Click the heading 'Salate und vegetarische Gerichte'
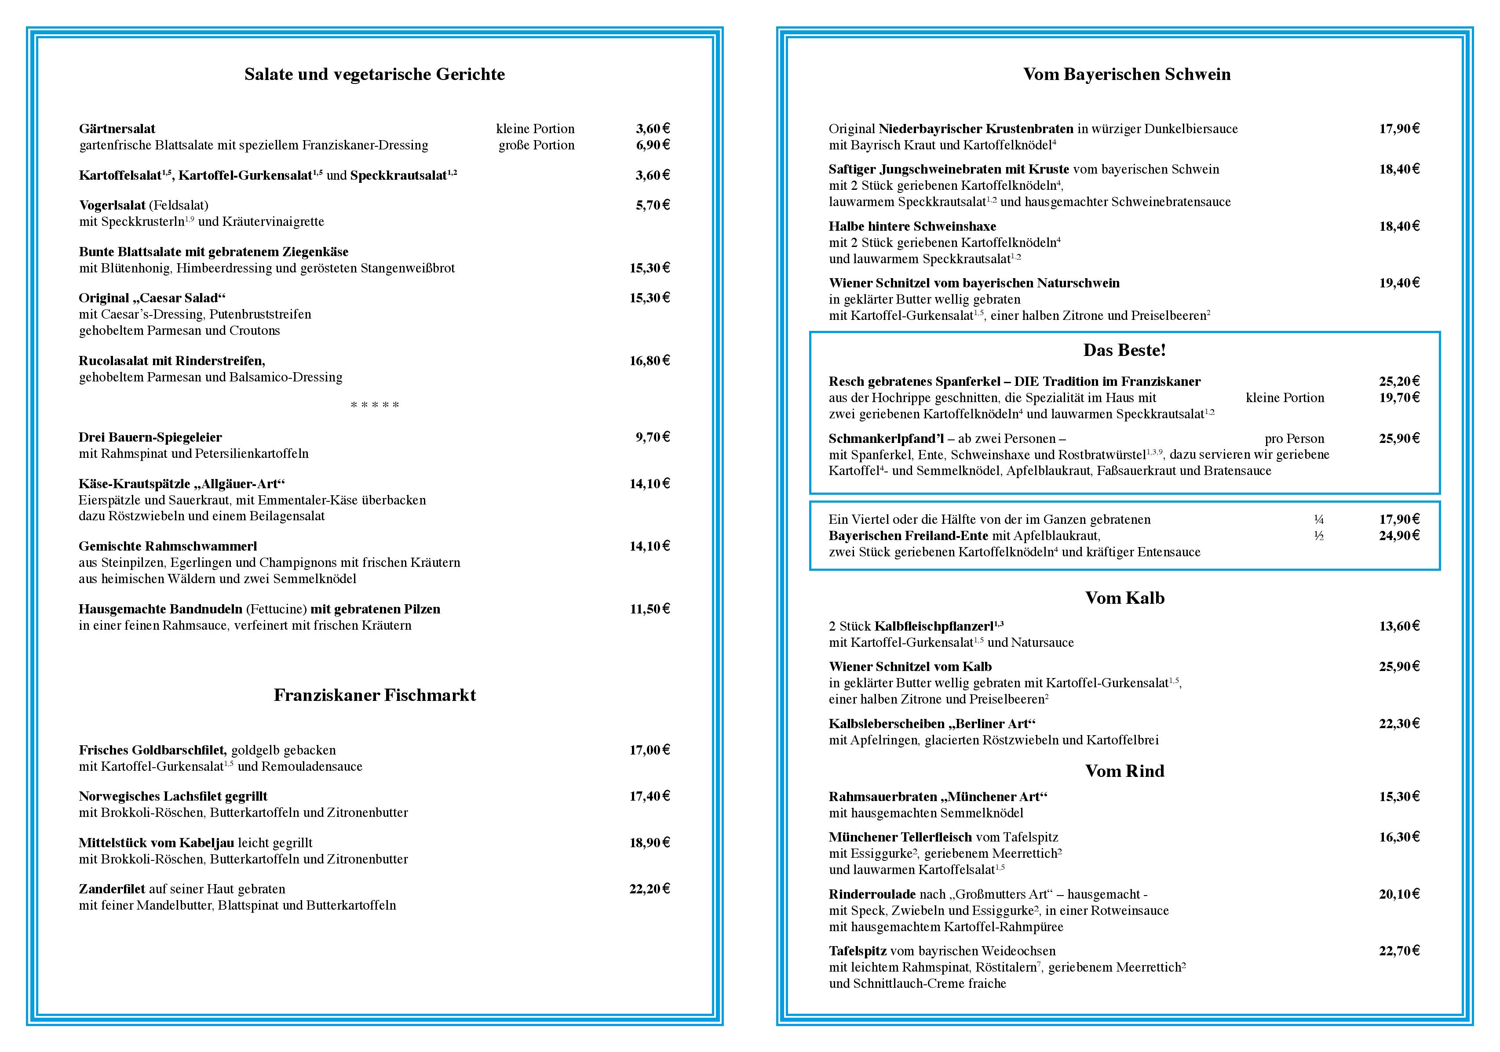pos(374,74)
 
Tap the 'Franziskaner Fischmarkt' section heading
pos(374,695)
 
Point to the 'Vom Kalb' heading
pos(1124,598)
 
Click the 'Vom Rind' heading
pos(1124,771)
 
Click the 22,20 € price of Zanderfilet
pos(650,889)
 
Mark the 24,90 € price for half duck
pos(1399,536)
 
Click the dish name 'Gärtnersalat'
pos(117,129)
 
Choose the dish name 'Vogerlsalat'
pos(112,206)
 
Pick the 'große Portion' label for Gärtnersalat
pos(536,145)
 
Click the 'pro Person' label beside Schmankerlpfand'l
pos(1294,439)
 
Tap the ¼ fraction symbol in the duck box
pos(1318,520)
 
